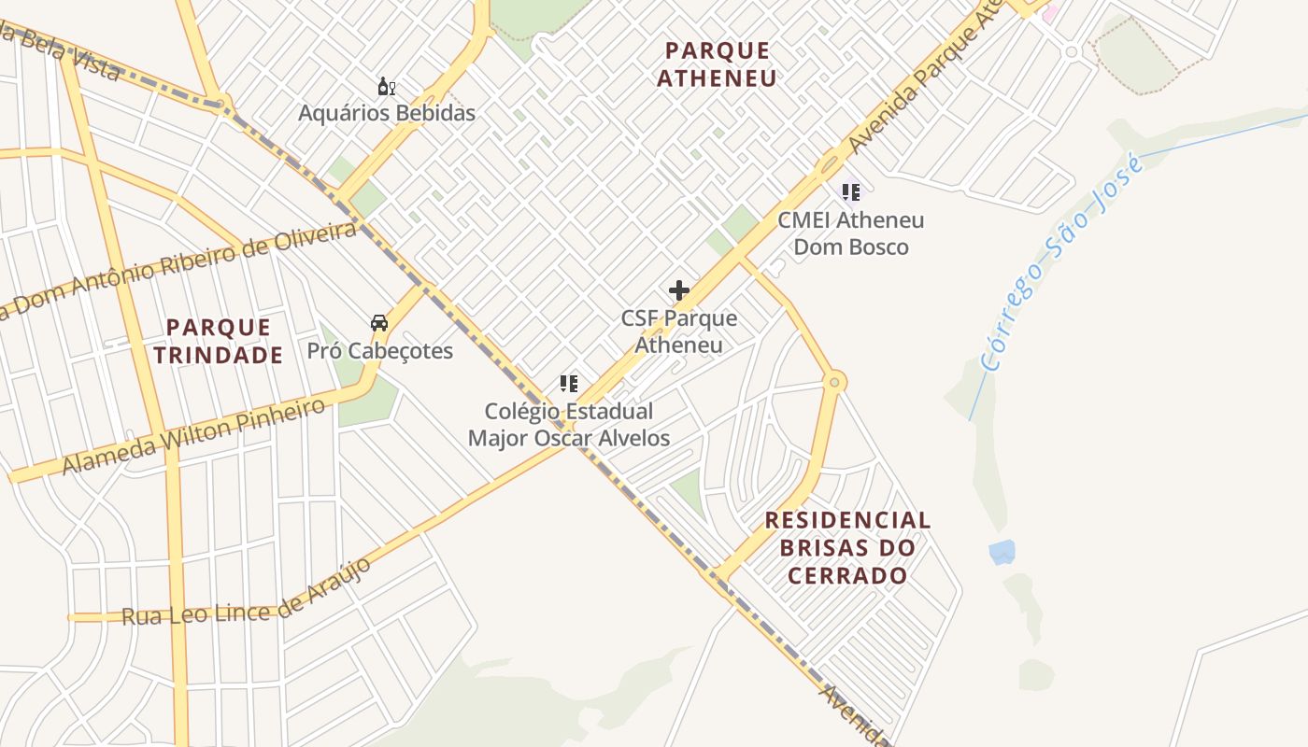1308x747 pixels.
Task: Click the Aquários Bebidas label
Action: pyautogui.click(x=387, y=113)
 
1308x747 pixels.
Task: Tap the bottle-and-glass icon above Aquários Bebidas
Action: pyautogui.click(x=387, y=88)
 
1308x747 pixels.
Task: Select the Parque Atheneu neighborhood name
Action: pyautogui.click(x=717, y=64)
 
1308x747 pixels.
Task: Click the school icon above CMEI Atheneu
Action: pyautogui.click(x=851, y=192)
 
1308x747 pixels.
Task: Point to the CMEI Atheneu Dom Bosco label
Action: pyautogui.click(x=851, y=233)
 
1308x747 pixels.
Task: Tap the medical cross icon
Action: pyautogui.click(x=679, y=290)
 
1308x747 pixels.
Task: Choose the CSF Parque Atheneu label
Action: pyautogui.click(x=679, y=331)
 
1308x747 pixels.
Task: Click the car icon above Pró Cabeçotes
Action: pyautogui.click(x=379, y=323)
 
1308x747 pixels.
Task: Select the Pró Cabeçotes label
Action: pyautogui.click(x=380, y=351)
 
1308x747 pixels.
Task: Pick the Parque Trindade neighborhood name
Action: pyautogui.click(x=219, y=341)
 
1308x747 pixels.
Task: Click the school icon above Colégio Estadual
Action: pyautogui.click(x=569, y=384)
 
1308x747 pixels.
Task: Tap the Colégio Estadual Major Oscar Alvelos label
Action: pyautogui.click(x=569, y=424)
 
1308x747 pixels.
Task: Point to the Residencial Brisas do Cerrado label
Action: pyautogui.click(x=848, y=547)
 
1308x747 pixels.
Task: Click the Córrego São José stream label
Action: pyautogui.click(x=1062, y=264)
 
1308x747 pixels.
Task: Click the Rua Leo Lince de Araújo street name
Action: pyautogui.click(x=248, y=595)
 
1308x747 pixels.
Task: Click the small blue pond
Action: pyautogui.click(x=1002, y=552)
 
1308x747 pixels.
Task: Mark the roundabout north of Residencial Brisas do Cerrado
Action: pyautogui.click(x=835, y=381)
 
